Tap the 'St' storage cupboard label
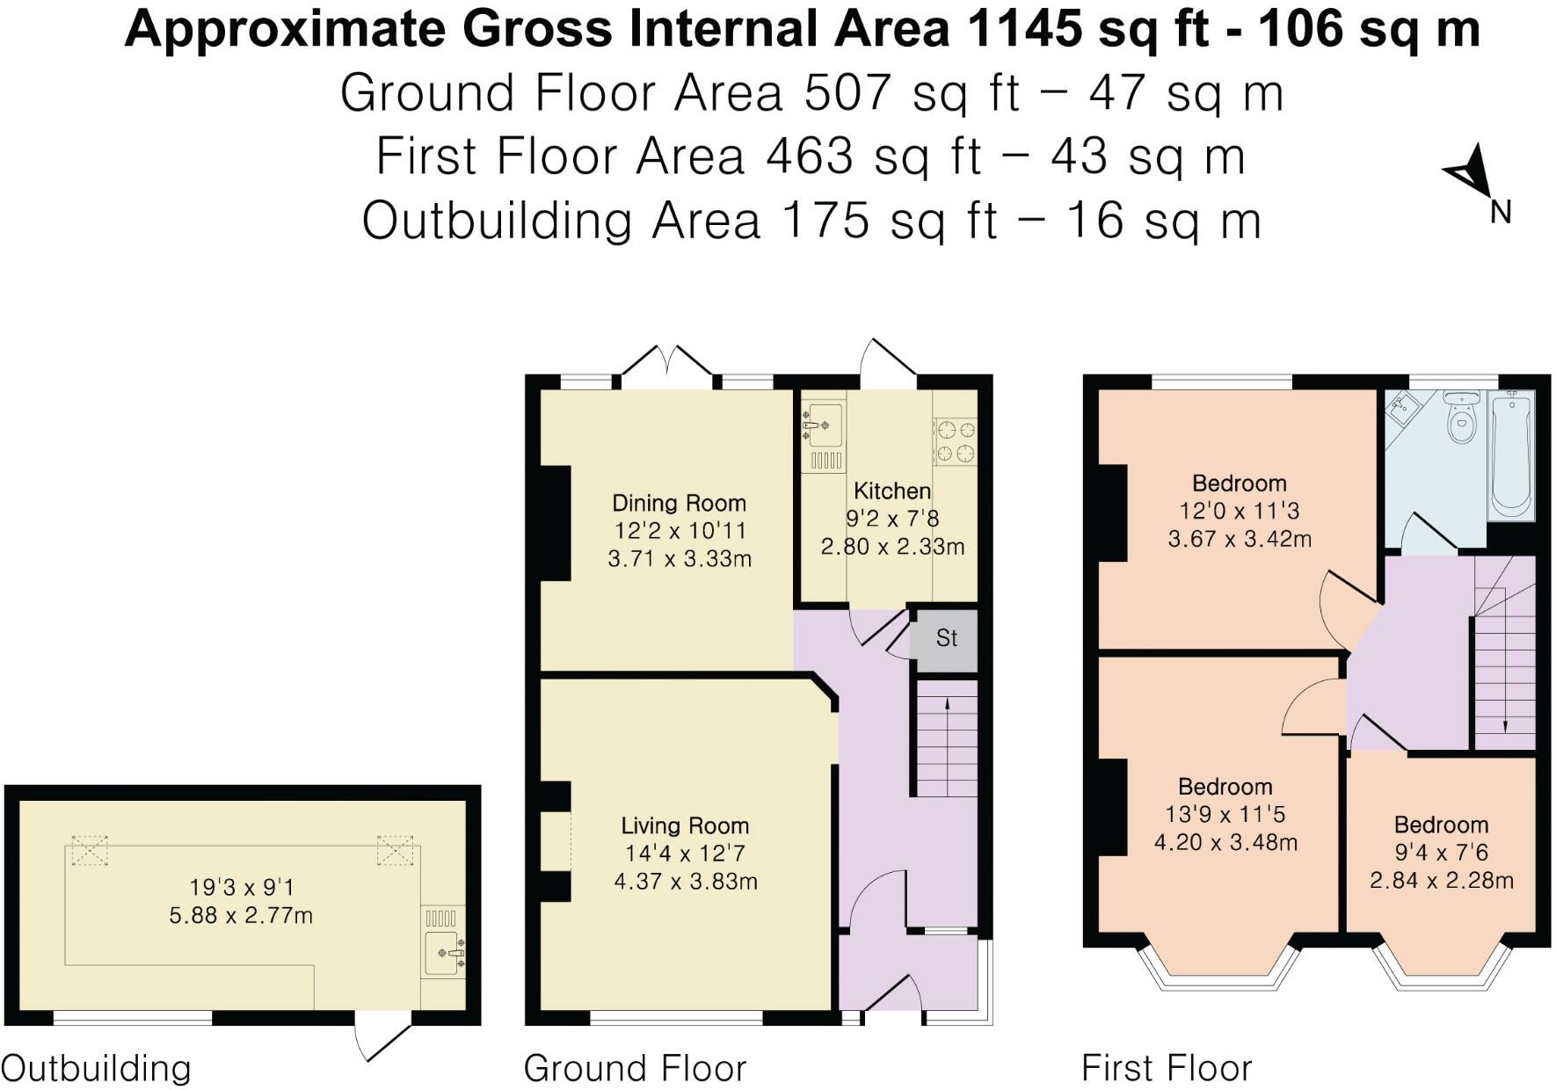click(946, 638)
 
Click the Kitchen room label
click(891, 490)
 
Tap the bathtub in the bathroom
click(1512, 454)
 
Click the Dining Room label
click(679, 503)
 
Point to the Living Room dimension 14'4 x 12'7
click(685, 854)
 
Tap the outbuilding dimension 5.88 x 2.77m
click(241, 916)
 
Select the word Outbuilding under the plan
click(96, 1069)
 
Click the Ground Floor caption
click(635, 1069)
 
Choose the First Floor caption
click(1166, 1069)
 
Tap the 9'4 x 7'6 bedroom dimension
click(1441, 853)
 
